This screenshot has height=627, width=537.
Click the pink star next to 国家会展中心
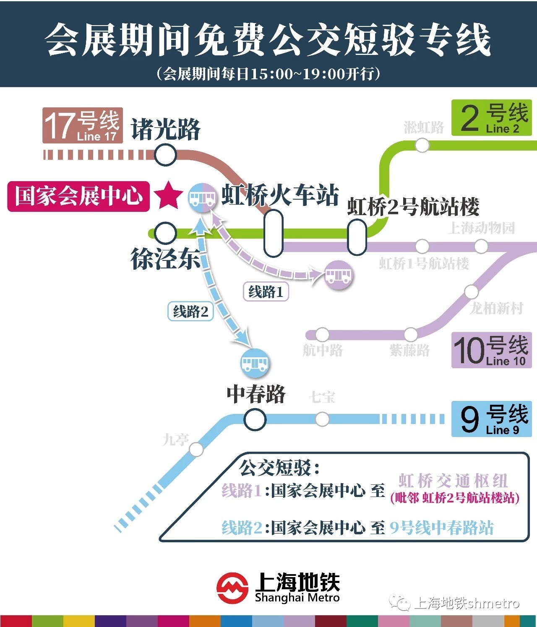click(x=168, y=195)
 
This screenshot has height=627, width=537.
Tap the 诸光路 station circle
click(x=165, y=155)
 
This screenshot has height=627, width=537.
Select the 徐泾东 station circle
click(x=165, y=233)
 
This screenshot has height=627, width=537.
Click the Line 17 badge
click(x=83, y=125)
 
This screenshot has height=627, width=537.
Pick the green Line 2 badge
click(x=491, y=118)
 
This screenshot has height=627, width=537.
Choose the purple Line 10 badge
click(x=491, y=350)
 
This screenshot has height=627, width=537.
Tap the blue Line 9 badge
click(x=491, y=419)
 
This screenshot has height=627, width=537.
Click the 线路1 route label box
click(x=266, y=291)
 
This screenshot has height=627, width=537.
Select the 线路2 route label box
click(x=190, y=312)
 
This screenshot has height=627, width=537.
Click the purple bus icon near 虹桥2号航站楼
click(x=338, y=275)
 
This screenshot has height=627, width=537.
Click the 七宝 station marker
click(x=322, y=419)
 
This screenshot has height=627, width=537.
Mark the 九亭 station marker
click(x=196, y=450)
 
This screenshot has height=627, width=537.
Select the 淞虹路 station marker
click(x=422, y=146)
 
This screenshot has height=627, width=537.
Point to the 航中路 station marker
click(x=322, y=335)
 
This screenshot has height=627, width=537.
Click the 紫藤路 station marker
click(x=410, y=335)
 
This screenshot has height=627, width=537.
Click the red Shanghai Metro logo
click(x=232, y=588)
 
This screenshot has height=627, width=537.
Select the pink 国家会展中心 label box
click(x=78, y=196)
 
